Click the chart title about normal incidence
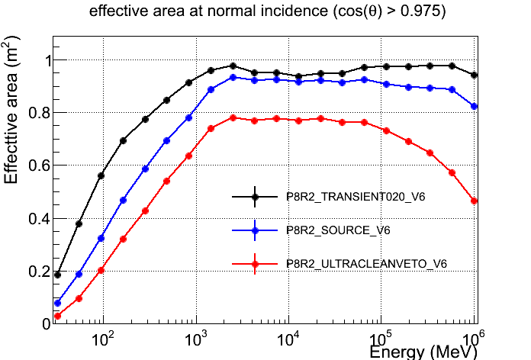point(265,13)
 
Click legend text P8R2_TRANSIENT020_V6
point(356,197)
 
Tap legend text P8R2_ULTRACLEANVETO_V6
point(366,263)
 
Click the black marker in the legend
point(256,197)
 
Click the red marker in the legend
point(256,263)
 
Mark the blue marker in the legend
point(256,230)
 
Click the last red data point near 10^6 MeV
point(475,201)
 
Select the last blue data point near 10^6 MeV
point(475,106)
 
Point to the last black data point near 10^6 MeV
point(475,75)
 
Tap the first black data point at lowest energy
point(57,275)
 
